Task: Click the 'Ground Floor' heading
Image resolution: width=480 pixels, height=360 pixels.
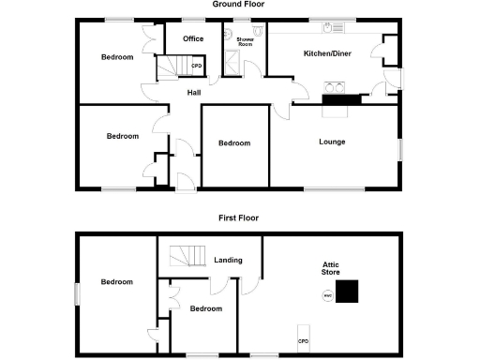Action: point(238,5)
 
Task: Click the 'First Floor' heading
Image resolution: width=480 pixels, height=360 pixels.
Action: point(238,217)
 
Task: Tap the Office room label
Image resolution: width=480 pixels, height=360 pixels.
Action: point(194,38)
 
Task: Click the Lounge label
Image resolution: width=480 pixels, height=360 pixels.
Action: point(333,142)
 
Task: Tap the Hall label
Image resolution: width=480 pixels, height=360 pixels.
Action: point(194,92)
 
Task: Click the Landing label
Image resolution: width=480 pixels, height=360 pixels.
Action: point(229,260)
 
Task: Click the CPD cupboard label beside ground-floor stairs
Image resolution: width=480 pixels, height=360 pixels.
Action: point(197,66)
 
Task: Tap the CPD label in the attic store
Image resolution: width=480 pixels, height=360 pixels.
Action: point(304,340)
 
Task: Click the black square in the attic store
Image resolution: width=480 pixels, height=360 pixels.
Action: point(348,292)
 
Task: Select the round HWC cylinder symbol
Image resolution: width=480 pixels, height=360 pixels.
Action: point(327,296)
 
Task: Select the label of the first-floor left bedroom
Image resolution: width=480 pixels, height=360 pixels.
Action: point(117,281)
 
